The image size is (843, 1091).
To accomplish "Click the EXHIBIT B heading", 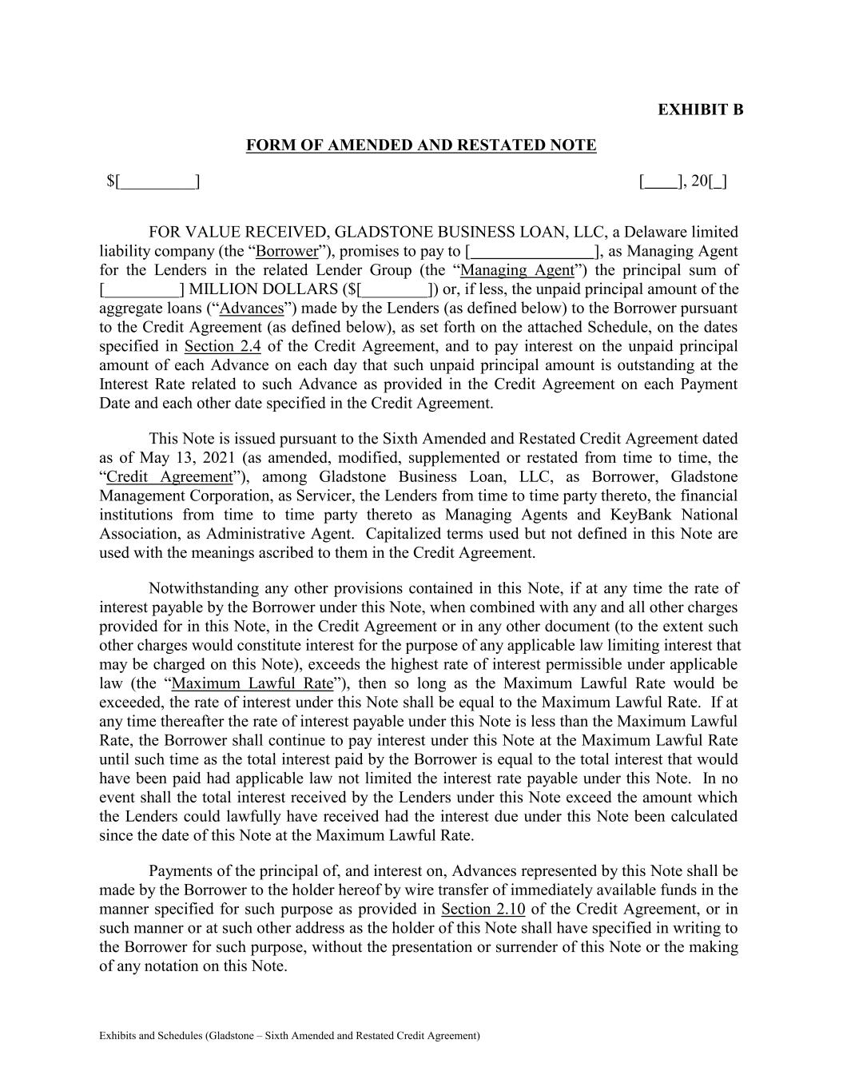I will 700,109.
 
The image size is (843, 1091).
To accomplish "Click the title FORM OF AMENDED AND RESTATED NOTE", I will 420,145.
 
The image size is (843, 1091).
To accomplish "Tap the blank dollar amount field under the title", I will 153,182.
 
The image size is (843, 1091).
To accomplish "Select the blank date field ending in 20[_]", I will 682,182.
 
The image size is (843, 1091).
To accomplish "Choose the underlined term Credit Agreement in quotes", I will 169,477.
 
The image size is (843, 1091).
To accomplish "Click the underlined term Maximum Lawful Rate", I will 252,683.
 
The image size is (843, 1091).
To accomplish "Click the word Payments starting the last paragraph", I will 181,871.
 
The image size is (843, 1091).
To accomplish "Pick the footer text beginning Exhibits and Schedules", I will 289,1036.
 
